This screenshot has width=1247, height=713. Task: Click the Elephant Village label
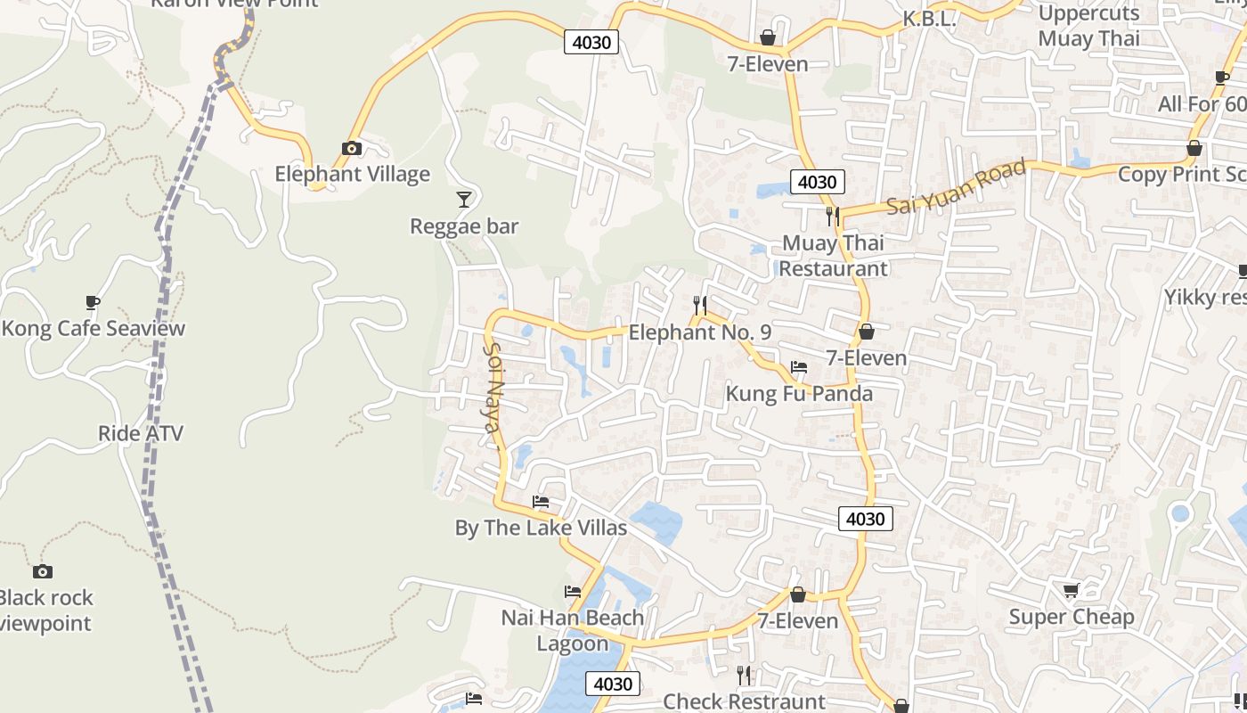click(352, 174)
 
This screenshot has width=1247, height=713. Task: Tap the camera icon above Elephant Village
click(352, 148)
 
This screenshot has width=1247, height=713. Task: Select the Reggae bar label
click(463, 226)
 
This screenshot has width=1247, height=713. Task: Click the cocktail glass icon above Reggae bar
click(463, 199)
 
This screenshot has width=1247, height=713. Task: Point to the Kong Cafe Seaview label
click(93, 328)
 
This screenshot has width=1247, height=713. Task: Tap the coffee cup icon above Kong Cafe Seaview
click(93, 302)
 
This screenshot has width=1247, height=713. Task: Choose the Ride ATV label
click(141, 434)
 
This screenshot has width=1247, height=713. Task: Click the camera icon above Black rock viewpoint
click(42, 571)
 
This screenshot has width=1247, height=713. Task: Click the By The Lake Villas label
click(541, 528)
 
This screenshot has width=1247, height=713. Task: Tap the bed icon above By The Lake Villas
click(541, 502)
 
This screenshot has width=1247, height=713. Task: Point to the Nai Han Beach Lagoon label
click(572, 630)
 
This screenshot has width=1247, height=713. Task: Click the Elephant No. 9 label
click(699, 332)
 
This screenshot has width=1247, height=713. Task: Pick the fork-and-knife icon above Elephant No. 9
click(700, 306)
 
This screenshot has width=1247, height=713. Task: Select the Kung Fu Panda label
click(799, 393)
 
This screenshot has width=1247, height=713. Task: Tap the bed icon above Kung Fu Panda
click(799, 367)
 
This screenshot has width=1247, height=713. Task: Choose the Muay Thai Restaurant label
click(833, 256)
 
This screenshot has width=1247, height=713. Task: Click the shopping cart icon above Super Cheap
click(1071, 590)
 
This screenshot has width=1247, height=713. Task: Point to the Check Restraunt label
click(744, 701)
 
